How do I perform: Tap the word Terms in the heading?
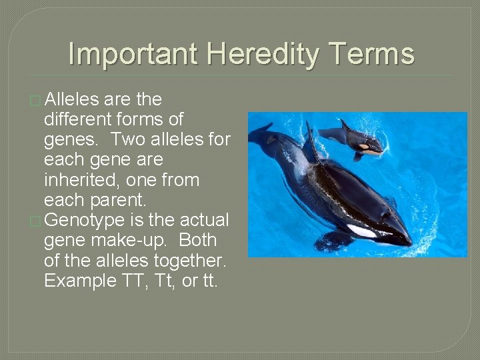(372, 54)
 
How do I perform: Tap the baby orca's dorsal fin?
(345, 125)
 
